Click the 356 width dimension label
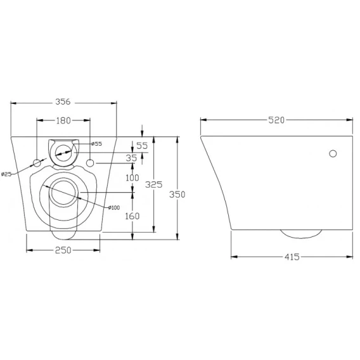coord(63,101)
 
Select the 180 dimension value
coord(63,120)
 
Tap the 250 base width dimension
coord(63,250)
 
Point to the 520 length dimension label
coord(276,120)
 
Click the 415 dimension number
coord(292,257)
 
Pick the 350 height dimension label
coord(177,195)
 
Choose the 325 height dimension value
coord(154,184)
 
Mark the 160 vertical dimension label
coord(132,216)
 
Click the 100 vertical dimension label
coord(132,177)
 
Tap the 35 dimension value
coord(131,158)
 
